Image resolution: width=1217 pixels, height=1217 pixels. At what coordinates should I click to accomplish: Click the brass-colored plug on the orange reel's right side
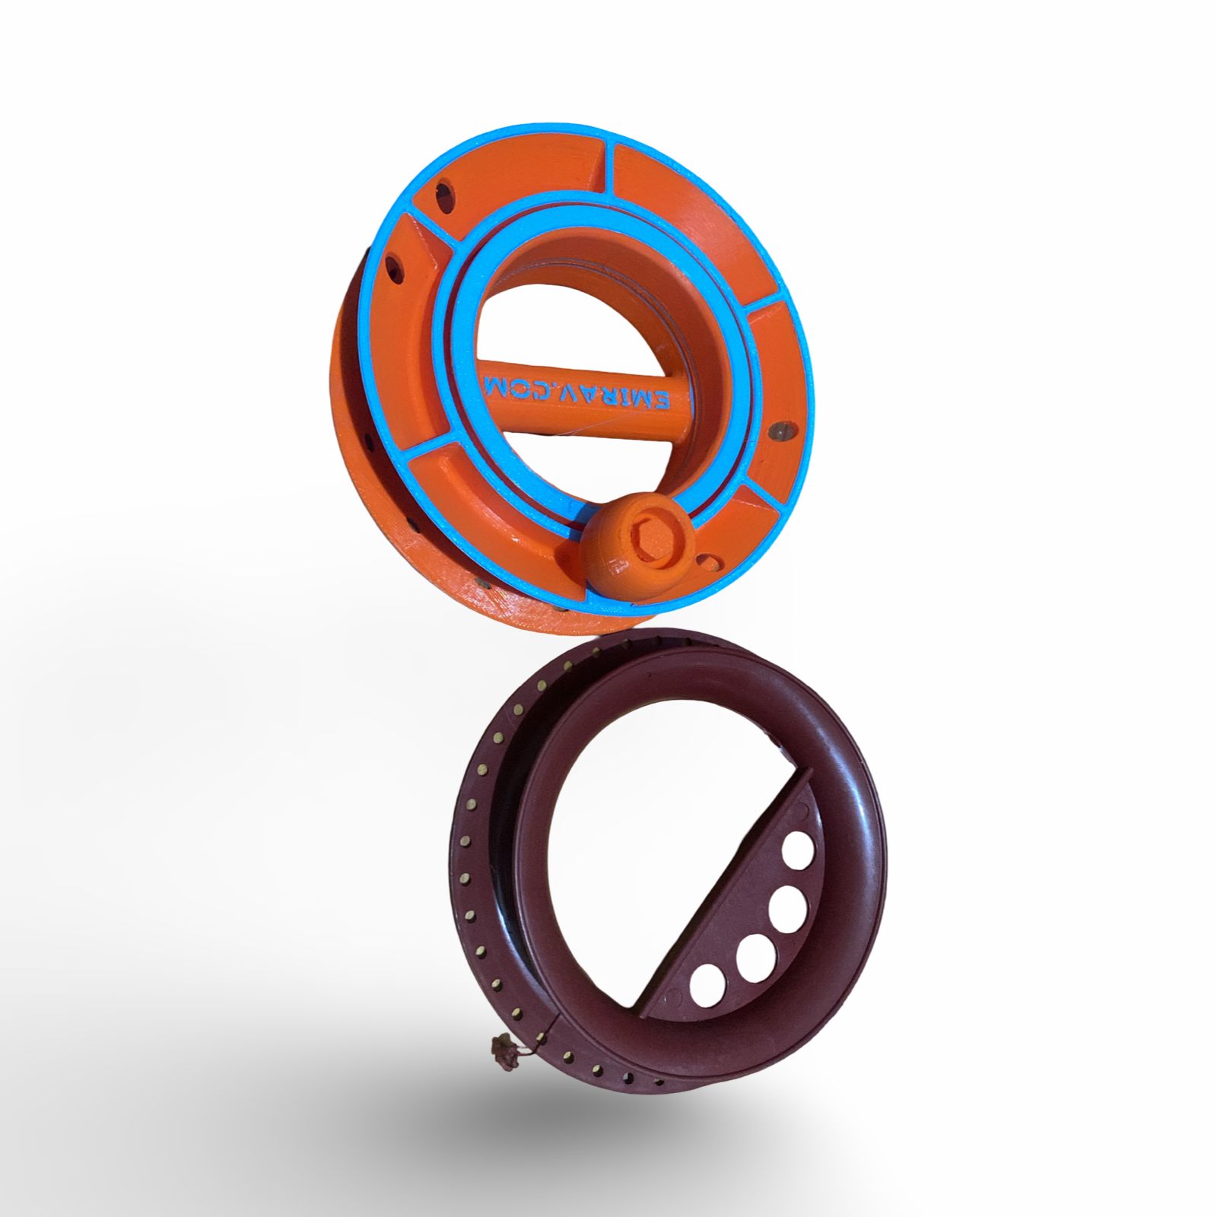[779, 430]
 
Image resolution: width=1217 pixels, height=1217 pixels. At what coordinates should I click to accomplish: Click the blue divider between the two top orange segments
[605, 159]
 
